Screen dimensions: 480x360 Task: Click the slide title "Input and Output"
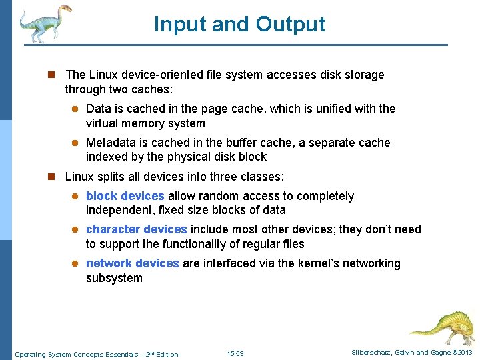(x=239, y=24)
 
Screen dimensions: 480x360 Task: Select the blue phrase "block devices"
(x=125, y=196)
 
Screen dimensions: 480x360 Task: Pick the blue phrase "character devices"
(x=137, y=229)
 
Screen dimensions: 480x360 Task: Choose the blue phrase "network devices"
(x=132, y=263)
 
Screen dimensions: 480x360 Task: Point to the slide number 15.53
(x=235, y=354)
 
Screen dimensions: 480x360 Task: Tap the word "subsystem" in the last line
(x=114, y=278)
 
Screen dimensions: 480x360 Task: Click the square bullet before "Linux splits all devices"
(x=50, y=177)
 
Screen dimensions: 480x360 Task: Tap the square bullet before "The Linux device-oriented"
(x=50, y=75)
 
